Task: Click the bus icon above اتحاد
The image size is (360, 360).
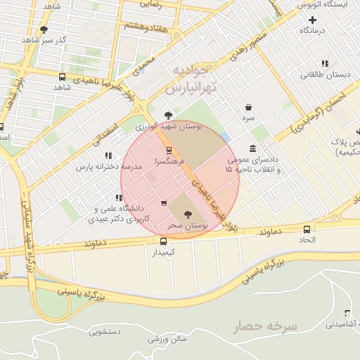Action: (307, 229)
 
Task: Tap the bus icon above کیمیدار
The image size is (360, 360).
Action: (164, 241)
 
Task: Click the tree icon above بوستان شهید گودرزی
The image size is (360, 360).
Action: (167, 115)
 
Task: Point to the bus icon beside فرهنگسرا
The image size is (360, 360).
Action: (168, 150)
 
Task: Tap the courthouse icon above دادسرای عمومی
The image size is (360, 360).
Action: (252, 148)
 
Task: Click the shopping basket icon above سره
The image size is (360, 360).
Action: (249, 108)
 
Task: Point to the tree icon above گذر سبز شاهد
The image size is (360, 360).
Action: (44, 29)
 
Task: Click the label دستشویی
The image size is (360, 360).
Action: (106, 330)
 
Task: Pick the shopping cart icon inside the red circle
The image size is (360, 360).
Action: (164, 204)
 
